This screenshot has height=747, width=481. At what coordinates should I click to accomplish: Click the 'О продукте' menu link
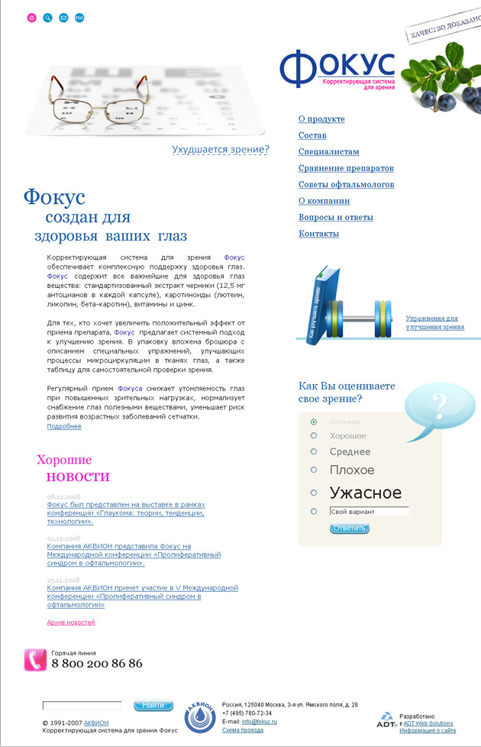321,119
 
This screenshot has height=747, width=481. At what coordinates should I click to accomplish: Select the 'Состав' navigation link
312,135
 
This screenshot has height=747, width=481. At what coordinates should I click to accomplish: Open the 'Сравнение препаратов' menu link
346,168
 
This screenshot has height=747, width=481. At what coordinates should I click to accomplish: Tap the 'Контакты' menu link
318,234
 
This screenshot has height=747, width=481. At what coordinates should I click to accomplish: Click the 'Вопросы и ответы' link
336,218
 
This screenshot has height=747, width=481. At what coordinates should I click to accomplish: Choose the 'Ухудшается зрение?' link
220,150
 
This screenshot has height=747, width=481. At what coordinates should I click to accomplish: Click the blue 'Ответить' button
350,528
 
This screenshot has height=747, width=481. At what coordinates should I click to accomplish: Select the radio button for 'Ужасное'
314,493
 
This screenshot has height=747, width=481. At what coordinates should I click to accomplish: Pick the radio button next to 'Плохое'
314,471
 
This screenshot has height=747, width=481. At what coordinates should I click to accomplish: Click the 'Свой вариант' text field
369,511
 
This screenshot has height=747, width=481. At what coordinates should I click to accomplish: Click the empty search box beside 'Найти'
82,706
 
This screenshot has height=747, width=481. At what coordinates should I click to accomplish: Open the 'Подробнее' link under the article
64,426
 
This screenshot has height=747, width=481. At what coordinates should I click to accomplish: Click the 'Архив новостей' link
71,622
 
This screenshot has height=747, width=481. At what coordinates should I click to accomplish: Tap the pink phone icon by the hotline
35,659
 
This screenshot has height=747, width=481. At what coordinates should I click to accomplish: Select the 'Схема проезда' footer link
242,730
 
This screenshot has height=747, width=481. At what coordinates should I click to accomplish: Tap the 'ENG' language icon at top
79,17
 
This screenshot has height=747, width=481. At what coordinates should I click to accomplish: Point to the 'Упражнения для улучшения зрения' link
434,322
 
